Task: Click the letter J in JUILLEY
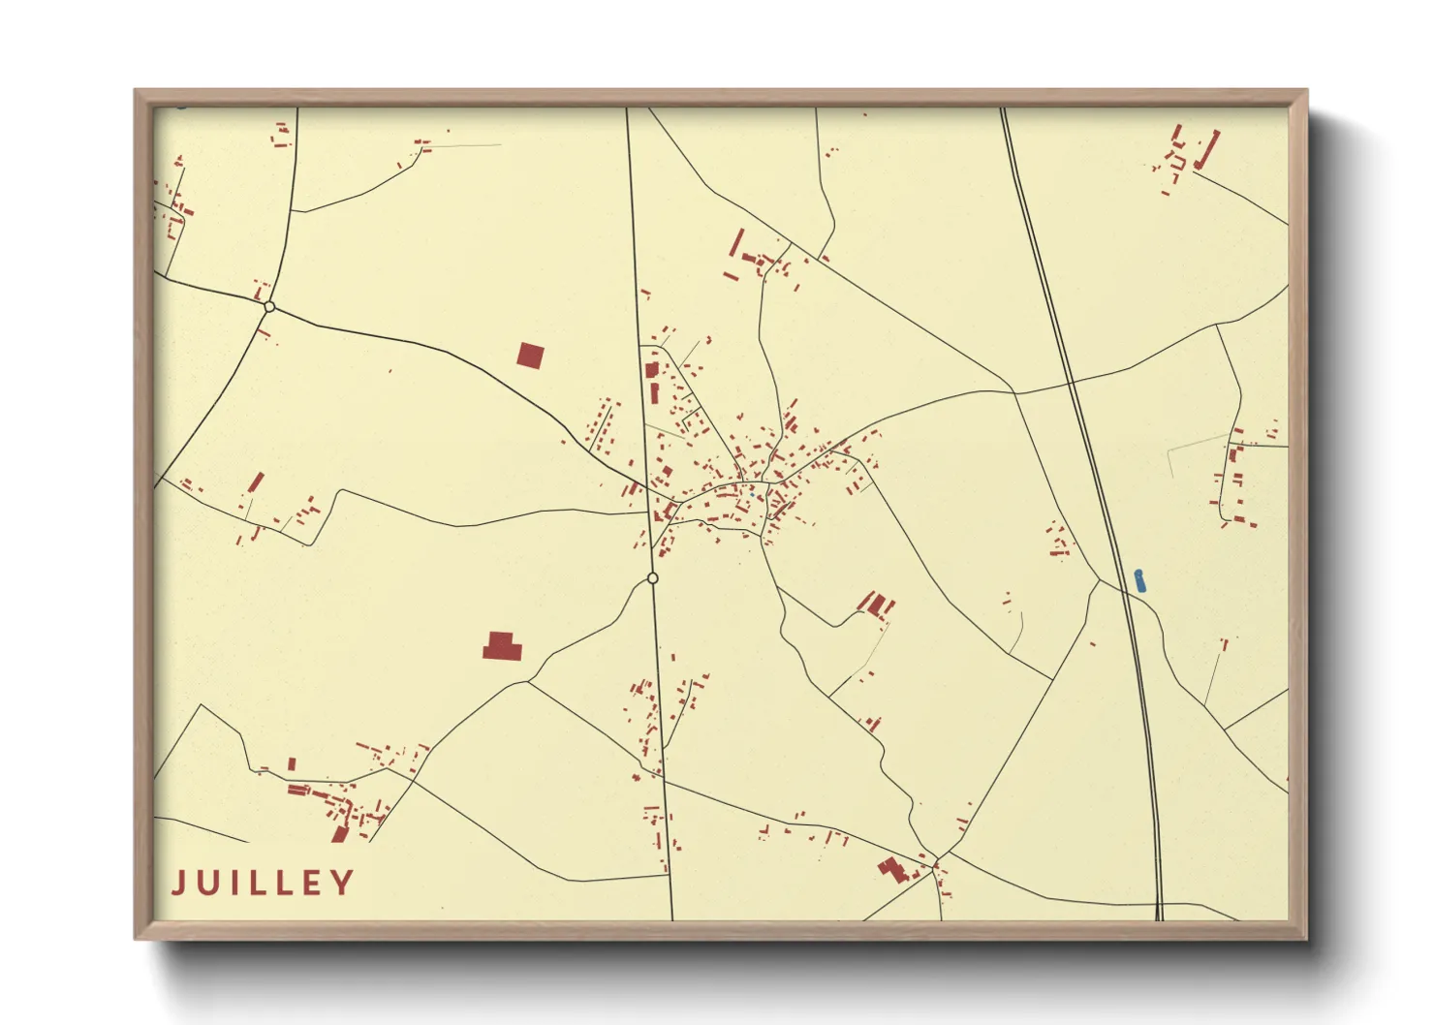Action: pos(179,883)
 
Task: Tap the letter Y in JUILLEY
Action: pos(342,883)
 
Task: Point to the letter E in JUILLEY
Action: pos(312,883)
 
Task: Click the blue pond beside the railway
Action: pos(1140,580)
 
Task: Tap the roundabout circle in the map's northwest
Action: pos(269,307)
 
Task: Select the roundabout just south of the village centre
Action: pos(652,578)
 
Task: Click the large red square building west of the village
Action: pos(530,356)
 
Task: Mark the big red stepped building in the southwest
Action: pos(502,646)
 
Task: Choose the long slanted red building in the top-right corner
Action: pos(1207,150)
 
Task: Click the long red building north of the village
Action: pos(736,242)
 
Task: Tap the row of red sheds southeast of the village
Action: pos(877,606)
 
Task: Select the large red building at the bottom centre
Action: pos(892,869)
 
